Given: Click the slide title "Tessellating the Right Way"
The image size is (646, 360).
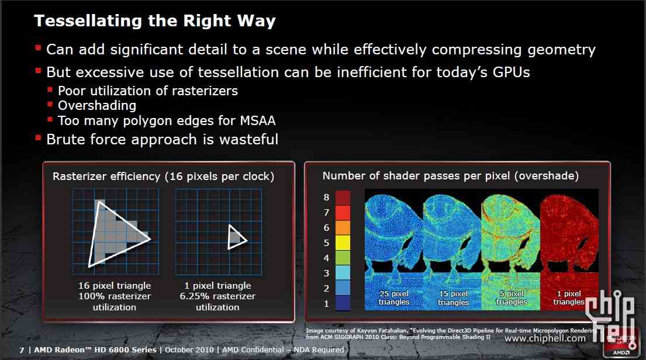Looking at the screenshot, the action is click(x=155, y=20).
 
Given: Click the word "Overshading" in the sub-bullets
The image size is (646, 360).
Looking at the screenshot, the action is click(x=97, y=106).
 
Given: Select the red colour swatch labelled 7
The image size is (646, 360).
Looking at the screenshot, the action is click(x=343, y=213).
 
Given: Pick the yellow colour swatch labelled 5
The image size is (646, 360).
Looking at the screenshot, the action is click(x=343, y=243).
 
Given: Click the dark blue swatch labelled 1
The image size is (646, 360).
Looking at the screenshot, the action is click(x=343, y=303).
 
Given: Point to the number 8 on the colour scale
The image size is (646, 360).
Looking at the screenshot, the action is click(x=326, y=198).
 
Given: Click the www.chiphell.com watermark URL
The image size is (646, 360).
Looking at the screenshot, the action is click(x=545, y=338).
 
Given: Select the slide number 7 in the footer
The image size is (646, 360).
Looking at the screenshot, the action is click(x=22, y=350).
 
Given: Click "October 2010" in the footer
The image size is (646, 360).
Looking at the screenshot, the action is click(x=189, y=349).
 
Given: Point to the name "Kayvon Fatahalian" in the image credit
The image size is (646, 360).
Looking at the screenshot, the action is click(x=382, y=330).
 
